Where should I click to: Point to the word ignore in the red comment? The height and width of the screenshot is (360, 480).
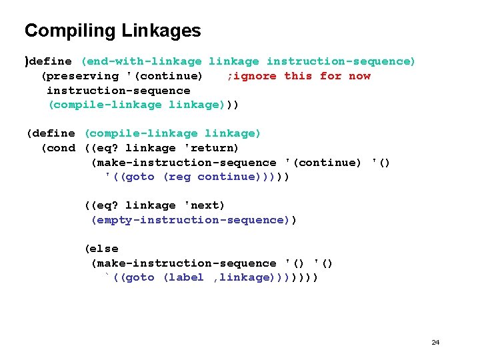coord(254,76)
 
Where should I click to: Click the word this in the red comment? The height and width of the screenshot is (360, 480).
coord(297,76)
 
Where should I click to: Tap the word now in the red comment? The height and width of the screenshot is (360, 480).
coord(359,76)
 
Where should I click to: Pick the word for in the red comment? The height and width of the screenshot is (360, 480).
coord(331,76)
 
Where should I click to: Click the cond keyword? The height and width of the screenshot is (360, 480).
coord(58,148)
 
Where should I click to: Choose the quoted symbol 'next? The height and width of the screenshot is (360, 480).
coord(205,205)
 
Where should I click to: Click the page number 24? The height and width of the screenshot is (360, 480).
coord(435,342)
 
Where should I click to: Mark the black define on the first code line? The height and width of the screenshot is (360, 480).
coord(51,61)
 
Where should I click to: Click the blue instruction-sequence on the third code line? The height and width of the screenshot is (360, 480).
coord(118,91)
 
